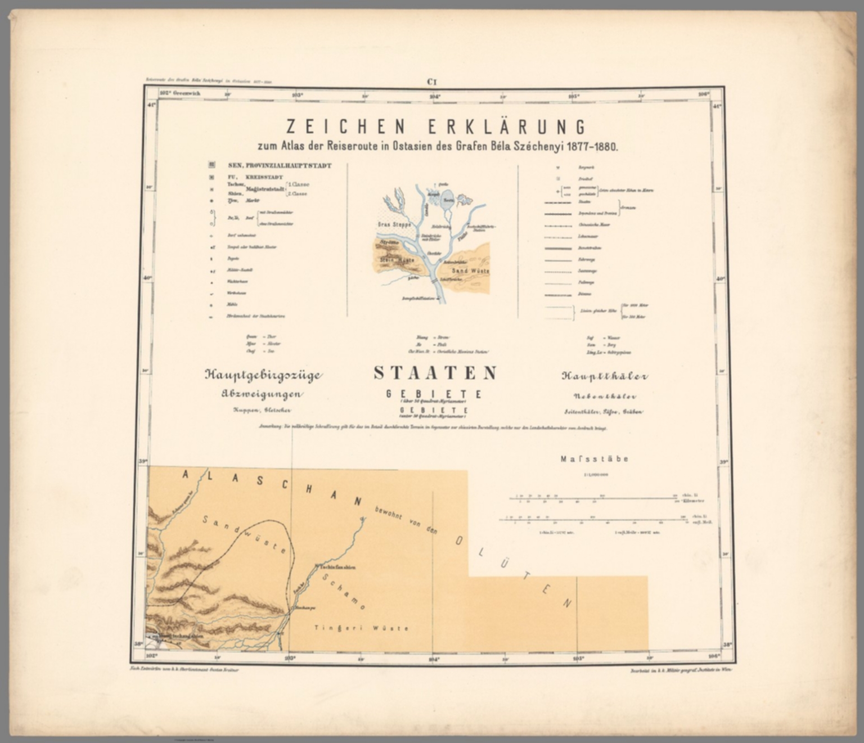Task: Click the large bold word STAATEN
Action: pyautogui.click(x=435, y=373)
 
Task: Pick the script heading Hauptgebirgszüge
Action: pyautogui.click(x=262, y=375)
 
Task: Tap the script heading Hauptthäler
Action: pyautogui.click(x=604, y=376)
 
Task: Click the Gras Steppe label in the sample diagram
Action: pyautogui.click(x=394, y=224)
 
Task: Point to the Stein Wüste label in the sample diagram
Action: pyautogui.click(x=398, y=260)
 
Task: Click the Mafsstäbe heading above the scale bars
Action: pyautogui.click(x=594, y=459)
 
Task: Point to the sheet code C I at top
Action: pyautogui.click(x=431, y=82)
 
